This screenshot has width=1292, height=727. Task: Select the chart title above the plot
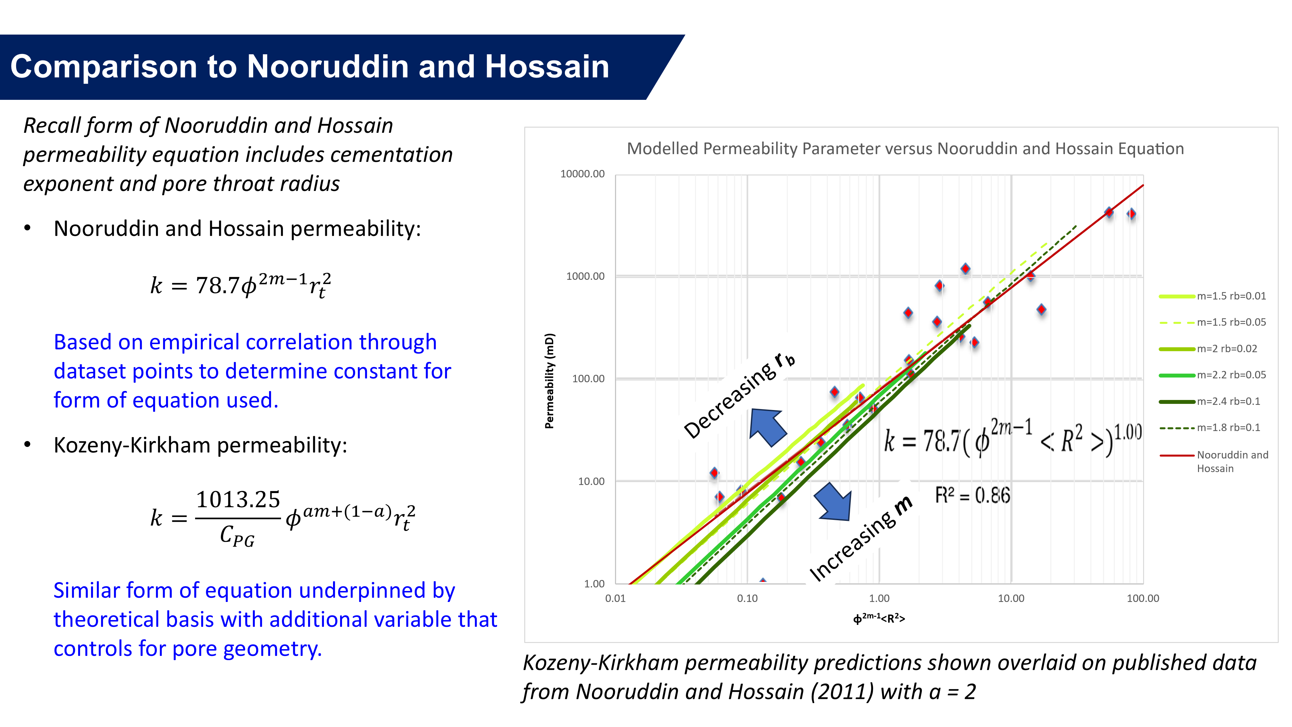point(905,149)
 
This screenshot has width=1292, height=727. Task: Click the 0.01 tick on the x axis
point(615,598)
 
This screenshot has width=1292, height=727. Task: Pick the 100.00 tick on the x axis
point(1143,598)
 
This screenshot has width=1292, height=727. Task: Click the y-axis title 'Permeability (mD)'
point(550,381)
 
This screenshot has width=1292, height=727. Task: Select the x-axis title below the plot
point(879,618)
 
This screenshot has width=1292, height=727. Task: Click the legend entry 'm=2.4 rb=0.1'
point(1209,401)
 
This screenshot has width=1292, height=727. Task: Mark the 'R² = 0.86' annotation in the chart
point(973,496)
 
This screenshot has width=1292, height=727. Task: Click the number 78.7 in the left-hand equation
point(217,286)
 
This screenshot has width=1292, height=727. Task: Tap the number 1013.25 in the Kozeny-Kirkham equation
point(238,500)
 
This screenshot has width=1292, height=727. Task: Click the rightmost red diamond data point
point(1131,214)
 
